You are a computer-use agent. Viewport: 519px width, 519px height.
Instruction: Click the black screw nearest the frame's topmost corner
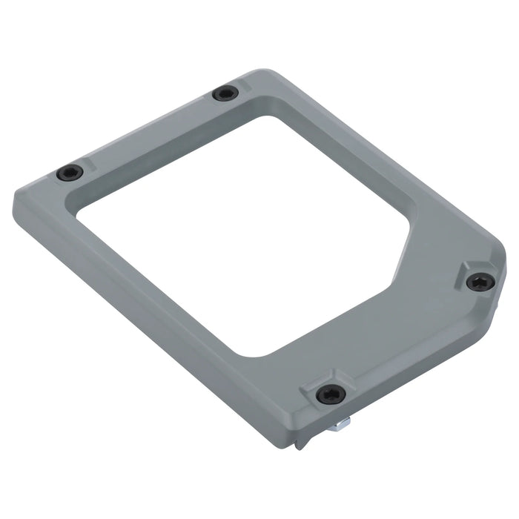pyautogui.click(x=225, y=94)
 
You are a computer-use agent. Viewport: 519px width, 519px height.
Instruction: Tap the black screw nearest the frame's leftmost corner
pyautogui.click(x=70, y=173)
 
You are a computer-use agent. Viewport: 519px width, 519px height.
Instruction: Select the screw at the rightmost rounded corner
pyautogui.click(x=480, y=281)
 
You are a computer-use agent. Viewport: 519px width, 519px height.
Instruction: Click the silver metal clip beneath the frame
pyautogui.click(x=342, y=423)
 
